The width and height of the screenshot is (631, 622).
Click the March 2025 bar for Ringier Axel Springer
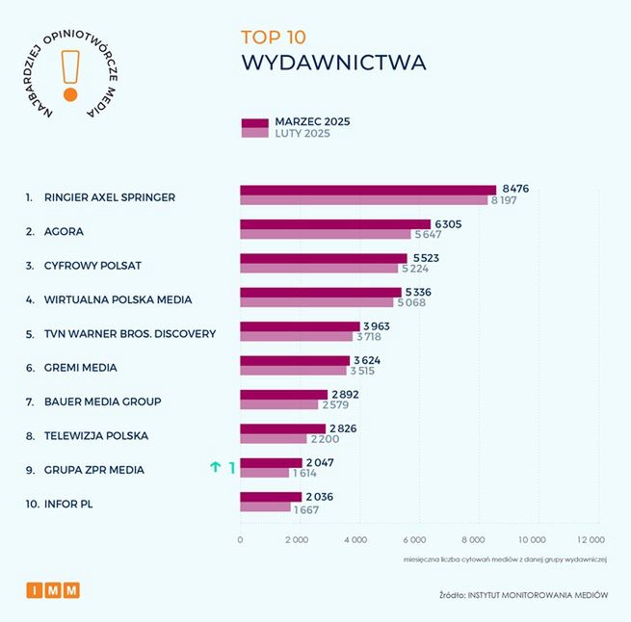point(367,191)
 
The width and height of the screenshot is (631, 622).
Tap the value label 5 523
point(426,258)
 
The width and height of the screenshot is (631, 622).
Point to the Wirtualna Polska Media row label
point(118,299)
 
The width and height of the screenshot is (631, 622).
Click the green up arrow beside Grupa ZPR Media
point(216,467)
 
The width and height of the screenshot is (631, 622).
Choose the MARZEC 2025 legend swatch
point(254,122)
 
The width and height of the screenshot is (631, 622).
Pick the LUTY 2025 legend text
point(302,134)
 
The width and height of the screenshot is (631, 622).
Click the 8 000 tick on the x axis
point(474,540)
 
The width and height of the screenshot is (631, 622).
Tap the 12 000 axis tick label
point(591,540)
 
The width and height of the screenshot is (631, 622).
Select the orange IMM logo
point(53,590)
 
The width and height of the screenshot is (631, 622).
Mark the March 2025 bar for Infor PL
point(270,497)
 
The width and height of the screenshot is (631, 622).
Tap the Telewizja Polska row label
point(96,435)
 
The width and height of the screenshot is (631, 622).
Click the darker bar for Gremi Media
point(294,361)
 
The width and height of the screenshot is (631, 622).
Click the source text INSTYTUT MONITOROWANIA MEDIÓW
point(539,595)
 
